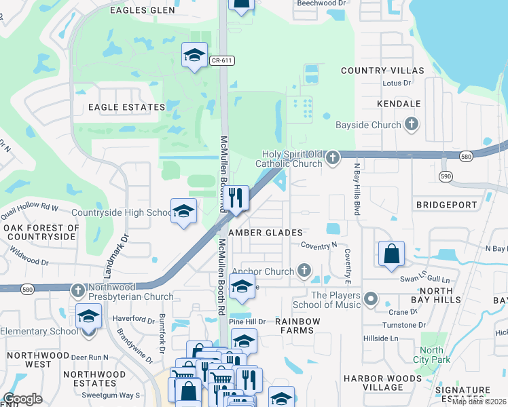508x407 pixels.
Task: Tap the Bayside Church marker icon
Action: [411, 124]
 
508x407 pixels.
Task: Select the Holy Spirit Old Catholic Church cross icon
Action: [332, 158]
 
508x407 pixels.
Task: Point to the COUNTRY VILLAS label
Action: [382, 71]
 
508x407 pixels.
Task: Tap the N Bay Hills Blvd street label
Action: [356, 189]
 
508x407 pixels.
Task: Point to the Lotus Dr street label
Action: [398, 83]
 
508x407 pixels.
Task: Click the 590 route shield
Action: [445, 176]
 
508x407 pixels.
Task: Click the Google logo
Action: [22, 399]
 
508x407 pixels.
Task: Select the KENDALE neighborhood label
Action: [399, 104]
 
